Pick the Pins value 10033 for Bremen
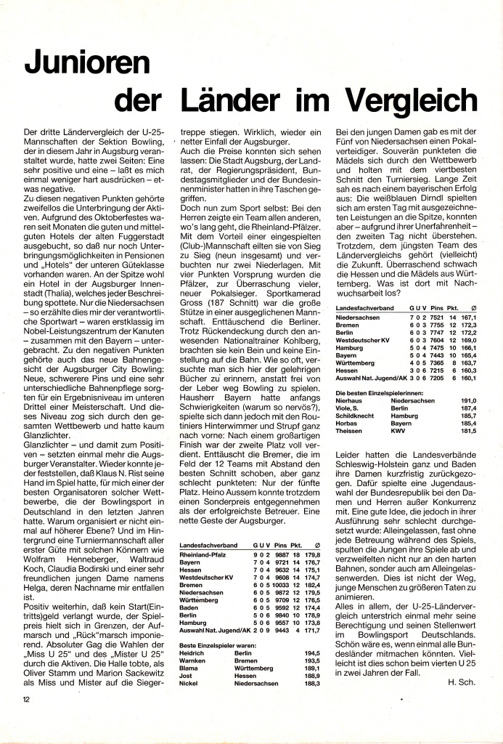[x=278, y=585]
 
